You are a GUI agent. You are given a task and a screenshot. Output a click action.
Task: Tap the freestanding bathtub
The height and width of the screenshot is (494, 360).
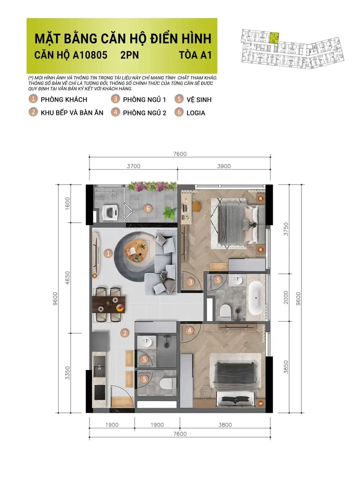(255, 298)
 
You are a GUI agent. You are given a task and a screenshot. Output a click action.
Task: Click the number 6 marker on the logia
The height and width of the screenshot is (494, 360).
(148, 208)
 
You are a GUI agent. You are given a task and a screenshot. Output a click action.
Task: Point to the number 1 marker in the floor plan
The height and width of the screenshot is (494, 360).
(108, 253)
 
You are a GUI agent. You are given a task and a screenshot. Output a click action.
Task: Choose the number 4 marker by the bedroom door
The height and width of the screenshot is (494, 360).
(189, 330)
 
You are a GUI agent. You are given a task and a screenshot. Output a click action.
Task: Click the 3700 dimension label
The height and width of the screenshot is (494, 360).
(134, 166)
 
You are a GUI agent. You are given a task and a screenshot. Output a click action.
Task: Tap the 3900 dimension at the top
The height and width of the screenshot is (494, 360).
(224, 166)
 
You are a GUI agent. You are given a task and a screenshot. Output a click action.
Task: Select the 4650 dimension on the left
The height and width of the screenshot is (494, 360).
(67, 278)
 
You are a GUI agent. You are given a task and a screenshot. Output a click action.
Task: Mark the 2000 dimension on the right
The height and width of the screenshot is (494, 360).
(285, 298)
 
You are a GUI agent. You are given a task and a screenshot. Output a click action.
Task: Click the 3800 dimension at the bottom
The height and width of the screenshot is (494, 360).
(225, 425)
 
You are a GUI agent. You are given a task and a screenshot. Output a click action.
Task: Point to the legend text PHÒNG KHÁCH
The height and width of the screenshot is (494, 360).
(64, 99)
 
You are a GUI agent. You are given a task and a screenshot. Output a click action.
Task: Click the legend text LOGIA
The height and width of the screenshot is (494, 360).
(196, 113)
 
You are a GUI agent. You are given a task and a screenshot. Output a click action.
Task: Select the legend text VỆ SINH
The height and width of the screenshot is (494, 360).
(199, 99)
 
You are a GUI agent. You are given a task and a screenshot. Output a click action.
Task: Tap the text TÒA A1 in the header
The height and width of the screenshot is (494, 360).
(195, 55)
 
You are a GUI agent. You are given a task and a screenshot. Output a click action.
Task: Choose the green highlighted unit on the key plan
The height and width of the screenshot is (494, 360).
(275, 38)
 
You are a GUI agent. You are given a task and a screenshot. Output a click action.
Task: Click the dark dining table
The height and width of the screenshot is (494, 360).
(109, 304)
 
